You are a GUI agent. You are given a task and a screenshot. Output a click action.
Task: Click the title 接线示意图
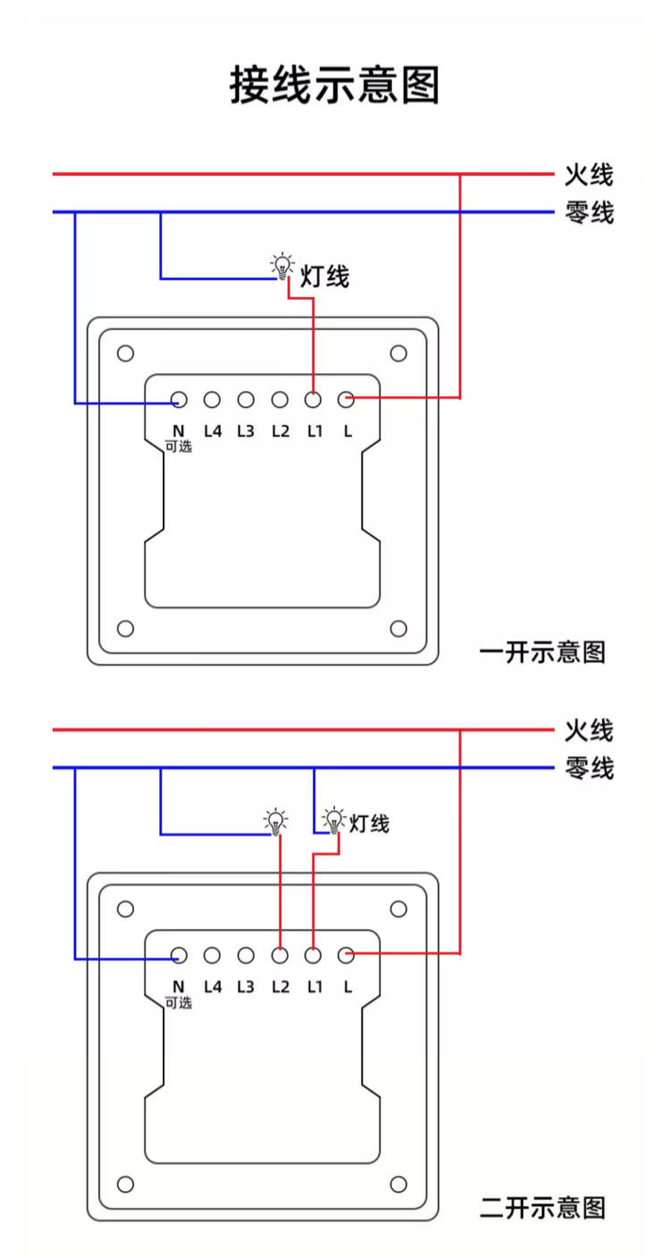335,85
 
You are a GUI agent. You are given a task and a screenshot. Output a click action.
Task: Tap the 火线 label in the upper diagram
589,174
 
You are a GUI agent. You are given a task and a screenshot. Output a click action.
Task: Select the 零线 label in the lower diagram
589,768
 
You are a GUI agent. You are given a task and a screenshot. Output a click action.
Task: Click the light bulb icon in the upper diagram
282,265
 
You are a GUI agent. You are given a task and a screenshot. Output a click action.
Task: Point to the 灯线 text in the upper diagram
324,278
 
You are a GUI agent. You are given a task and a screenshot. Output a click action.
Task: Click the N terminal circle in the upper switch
179,400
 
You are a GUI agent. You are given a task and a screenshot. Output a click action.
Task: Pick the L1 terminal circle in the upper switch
314,400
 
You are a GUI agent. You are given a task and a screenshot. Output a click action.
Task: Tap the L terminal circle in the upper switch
347,400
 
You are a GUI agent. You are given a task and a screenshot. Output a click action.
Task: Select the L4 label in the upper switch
213,430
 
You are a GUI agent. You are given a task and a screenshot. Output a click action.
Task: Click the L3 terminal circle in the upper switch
246,400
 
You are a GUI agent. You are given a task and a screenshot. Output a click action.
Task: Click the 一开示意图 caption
542,652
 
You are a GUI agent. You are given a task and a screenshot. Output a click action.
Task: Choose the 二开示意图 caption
542,1208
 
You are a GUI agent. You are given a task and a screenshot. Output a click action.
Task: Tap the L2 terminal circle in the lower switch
280,955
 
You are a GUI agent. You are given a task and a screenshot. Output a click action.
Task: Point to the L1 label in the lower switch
314,986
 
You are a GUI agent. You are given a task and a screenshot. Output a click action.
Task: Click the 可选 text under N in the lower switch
179,1003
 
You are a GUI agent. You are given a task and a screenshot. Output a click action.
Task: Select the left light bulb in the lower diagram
275,820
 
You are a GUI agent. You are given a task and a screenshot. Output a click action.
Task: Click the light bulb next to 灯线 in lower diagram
333,820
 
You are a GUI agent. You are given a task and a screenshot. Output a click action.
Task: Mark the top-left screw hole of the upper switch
126,354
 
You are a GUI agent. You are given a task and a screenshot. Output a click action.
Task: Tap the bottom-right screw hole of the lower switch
398,1185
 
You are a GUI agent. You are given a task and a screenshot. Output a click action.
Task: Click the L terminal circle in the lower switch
347,955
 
